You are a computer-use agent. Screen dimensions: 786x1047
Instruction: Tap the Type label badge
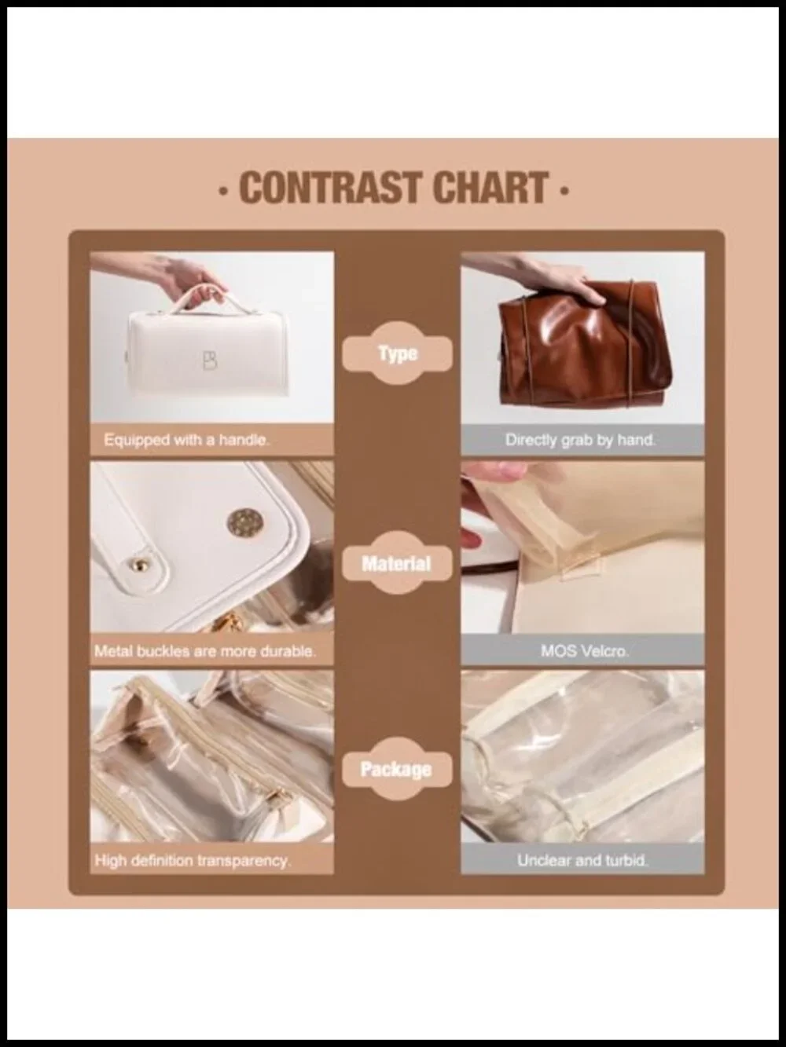[398, 353]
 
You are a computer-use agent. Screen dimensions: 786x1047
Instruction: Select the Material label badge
[397, 563]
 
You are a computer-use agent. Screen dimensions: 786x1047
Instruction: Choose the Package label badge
[397, 769]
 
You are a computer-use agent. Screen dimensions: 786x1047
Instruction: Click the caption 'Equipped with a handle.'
[186, 440]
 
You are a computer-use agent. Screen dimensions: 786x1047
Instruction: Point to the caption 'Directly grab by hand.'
[581, 440]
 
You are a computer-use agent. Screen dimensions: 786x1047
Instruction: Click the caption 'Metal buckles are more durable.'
[205, 650]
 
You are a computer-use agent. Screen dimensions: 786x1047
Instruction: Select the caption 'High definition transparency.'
[193, 861]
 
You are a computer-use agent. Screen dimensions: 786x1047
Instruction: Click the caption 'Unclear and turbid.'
[582, 861]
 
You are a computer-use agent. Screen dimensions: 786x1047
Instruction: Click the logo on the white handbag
[210, 361]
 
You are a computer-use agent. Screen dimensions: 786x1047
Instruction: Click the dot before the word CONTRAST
[222, 192]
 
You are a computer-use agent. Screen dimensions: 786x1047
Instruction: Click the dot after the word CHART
[564, 192]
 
